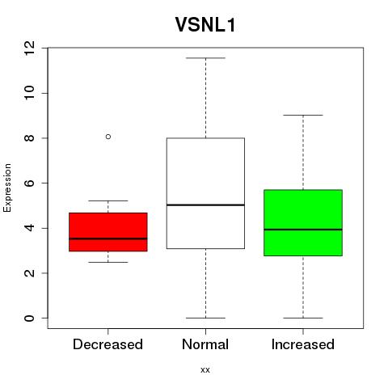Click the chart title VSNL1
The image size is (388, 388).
click(205, 25)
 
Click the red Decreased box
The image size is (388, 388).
click(108, 232)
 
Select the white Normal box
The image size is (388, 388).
click(205, 193)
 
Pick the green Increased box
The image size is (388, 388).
click(303, 223)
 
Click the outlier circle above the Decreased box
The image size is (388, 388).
click(108, 137)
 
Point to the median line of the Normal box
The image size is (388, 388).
click(205, 205)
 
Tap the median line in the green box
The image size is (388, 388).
click(303, 230)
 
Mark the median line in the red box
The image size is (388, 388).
click(108, 238)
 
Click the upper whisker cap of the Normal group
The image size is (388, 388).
click(205, 58)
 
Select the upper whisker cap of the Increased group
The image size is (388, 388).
click(303, 115)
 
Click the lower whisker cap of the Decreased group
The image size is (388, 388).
click(108, 262)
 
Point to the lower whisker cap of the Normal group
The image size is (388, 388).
click(205, 318)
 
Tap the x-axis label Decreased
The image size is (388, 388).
click(108, 344)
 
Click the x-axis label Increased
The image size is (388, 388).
click(303, 344)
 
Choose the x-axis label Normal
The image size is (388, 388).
click(205, 344)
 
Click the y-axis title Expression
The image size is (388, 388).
click(7, 188)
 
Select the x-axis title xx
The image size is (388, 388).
click(205, 370)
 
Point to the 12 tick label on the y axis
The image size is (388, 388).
click(30, 48)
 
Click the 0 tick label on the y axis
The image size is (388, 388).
click(30, 318)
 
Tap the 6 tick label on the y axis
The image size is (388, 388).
click(30, 183)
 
